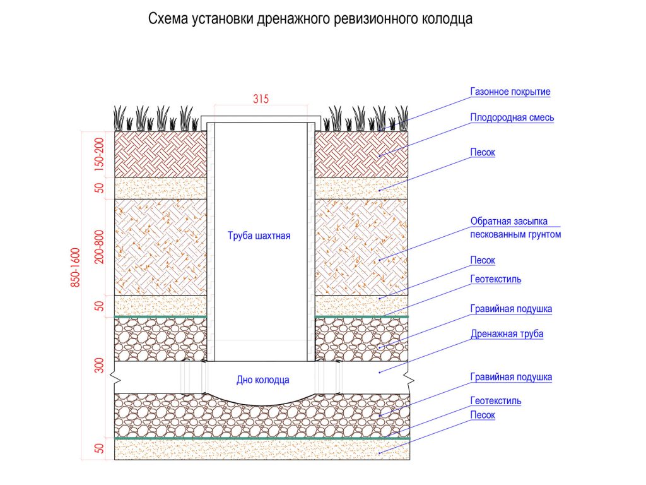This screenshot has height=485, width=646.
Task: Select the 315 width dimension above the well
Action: click(x=261, y=99)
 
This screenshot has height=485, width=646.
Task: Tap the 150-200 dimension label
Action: click(x=99, y=153)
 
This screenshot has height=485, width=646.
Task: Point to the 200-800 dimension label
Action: click(x=99, y=247)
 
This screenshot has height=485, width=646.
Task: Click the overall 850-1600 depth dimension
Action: click(x=75, y=267)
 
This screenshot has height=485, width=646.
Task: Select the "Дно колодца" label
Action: click(x=263, y=380)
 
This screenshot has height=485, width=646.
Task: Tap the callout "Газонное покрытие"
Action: click(x=510, y=92)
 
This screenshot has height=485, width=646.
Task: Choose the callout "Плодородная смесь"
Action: click(x=512, y=117)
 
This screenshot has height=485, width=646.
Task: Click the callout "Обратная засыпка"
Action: click(x=508, y=222)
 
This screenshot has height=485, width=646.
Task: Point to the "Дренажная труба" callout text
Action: click(x=507, y=333)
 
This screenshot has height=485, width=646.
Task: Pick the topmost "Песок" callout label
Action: click(x=483, y=153)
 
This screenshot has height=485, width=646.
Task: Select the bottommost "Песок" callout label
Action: click(x=483, y=415)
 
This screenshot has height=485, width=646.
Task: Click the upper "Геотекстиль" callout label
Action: click(x=495, y=278)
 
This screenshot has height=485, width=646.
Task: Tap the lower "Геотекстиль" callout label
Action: click(x=495, y=400)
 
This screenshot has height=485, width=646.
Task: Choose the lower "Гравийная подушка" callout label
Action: click(x=511, y=377)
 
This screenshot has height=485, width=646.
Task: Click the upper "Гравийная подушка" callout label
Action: click(x=511, y=309)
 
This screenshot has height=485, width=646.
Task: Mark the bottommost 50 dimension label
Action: click(x=99, y=449)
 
